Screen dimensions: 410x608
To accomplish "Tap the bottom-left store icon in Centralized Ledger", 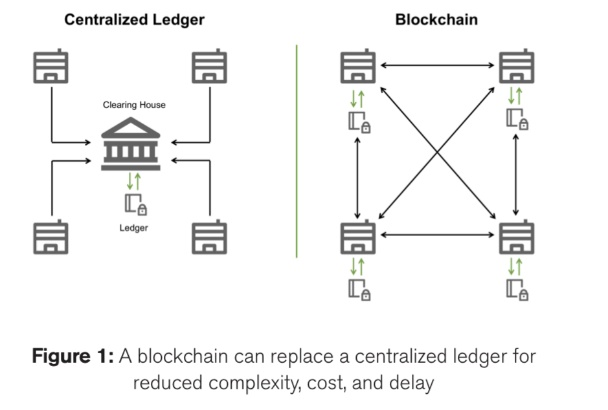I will click(50, 236).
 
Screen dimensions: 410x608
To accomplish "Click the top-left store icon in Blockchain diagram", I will click(358, 66).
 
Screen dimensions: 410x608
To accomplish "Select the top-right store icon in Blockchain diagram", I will click(516, 66).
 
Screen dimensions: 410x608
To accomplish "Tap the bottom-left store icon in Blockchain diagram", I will click(358, 238).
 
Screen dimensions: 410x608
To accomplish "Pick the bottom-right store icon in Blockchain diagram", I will click(516, 238).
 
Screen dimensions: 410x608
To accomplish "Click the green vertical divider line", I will click(297, 150).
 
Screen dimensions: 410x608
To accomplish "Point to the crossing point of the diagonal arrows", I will click(437, 152).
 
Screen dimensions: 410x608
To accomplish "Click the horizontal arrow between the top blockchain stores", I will click(437, 66).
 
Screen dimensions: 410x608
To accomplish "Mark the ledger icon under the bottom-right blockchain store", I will click(517, 289).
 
